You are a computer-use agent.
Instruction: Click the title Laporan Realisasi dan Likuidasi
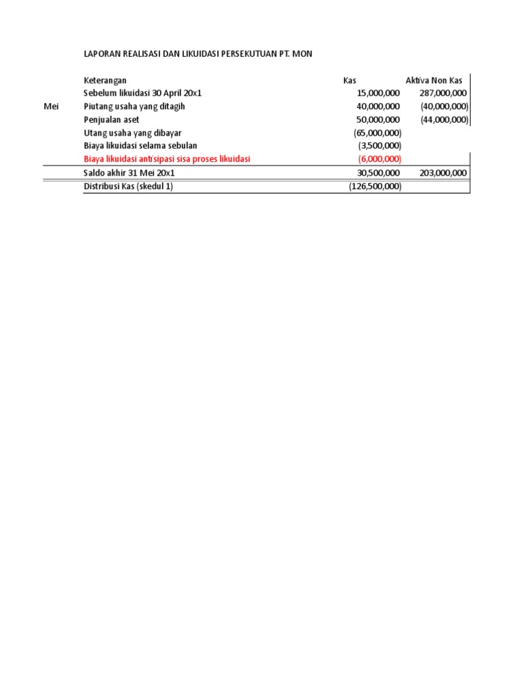[198, 53]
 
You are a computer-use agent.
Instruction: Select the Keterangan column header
[105, 81]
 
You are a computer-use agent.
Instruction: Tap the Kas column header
[349, 81]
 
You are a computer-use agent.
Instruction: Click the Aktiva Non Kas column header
[433, 81]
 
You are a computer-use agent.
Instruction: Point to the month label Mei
[51, 106]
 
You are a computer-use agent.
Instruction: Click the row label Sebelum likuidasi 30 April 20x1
[142, 94]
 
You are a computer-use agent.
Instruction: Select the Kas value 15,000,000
[378, 94]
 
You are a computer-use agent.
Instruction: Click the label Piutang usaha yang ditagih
[134, 106]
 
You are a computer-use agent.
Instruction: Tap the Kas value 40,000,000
[378, 106]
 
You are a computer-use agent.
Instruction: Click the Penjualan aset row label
[111, 119]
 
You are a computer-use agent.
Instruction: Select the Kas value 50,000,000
[378, 119]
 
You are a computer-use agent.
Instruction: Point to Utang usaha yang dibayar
[132, 132]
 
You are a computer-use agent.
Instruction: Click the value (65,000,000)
[377, 133]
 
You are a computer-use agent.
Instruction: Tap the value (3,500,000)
[380, 146]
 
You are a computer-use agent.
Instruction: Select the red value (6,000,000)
[380, 159]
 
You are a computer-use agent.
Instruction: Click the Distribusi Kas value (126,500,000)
[375, 186]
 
